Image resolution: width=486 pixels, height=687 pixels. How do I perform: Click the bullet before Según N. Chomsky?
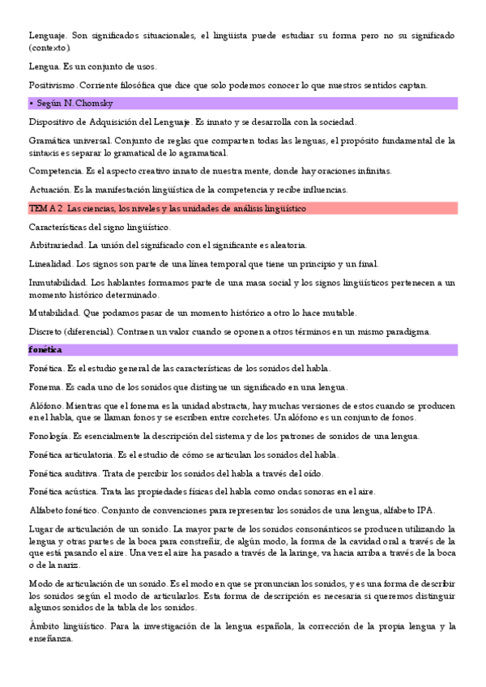(x=31, y=104)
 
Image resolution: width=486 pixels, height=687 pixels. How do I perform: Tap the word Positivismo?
(x=53, y=85)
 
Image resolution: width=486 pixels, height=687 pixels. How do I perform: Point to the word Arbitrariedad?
(x=56, y=245)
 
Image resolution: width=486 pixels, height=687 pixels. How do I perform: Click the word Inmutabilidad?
(x=58, y=282)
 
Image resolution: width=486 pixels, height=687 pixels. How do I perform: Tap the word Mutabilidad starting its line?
(x=54, y=313)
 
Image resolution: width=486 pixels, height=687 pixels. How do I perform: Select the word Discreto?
(x=48, y=331)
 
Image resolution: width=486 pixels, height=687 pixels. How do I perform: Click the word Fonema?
(x=45, y=387)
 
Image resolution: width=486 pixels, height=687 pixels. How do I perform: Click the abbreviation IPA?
(x=425, y=510)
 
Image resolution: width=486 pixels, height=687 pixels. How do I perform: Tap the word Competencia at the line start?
(x=57, y=171)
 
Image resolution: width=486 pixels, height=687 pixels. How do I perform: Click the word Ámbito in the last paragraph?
(x=46, y=626)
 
